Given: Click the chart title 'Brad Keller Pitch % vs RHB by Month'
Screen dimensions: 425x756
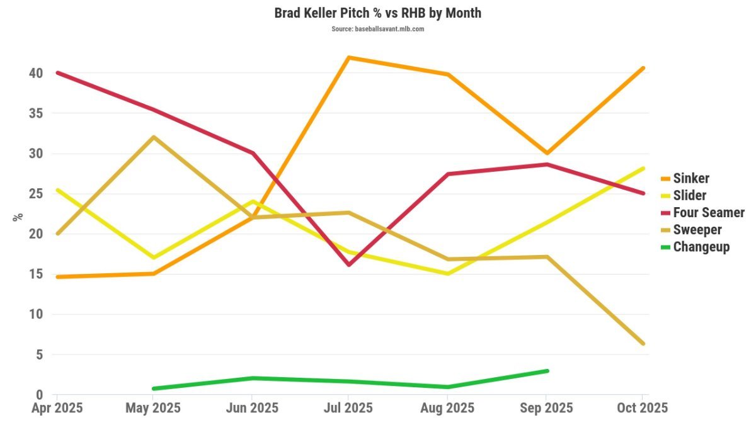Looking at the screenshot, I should [x=377, y=13].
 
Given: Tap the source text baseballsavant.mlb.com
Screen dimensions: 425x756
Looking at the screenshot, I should [x=377, y=29].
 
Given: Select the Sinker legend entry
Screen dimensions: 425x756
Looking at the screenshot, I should [x=690, y=178].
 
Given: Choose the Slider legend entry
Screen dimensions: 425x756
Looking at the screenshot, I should [x=689, y=195].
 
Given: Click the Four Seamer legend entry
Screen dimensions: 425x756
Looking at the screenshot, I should [x=708, y=212].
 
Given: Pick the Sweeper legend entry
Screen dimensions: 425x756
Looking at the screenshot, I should [x=697, y=229].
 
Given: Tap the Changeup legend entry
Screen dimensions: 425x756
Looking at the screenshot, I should [x=701, y=246].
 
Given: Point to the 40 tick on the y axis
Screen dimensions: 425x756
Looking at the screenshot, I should [x=35, y=73].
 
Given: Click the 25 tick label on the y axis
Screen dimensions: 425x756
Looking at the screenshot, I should [x=35, y=194].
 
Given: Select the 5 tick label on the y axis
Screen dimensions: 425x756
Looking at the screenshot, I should [x=39, y=354].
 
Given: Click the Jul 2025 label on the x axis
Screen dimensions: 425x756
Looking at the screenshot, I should [x=349, y=408].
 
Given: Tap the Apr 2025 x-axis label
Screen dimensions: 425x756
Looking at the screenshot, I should [x=57, y=408].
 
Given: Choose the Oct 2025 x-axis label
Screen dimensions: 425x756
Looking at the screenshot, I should [x=641, y=408].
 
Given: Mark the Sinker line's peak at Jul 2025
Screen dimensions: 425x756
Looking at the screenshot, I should [x=349, y=57].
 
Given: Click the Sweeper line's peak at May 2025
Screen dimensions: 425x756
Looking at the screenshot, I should [x=154, y=137].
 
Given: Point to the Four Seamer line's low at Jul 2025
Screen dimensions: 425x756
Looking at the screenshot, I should [x=349, y=264].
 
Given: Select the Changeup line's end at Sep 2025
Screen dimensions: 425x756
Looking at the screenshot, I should [x=547, y=371].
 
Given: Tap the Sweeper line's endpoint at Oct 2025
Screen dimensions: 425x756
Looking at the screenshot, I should [x=643, y=343].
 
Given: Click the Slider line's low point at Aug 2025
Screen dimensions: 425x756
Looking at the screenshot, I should [x=447, y=274].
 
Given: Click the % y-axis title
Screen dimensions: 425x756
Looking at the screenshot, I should [x=18, y=217].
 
